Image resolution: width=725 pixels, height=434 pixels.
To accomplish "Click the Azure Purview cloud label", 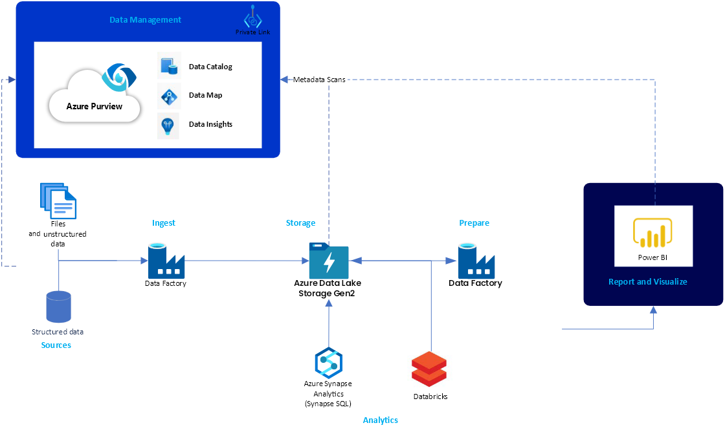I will point(95,106).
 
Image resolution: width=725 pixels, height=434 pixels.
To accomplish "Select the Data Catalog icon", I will point(169,66).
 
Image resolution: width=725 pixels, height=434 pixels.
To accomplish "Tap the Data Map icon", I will point(169,95).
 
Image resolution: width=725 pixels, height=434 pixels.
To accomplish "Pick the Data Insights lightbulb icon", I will point(168,124).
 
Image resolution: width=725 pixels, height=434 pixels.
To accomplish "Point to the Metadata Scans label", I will point(319,80).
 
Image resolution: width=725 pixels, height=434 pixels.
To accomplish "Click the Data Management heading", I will point(145,20).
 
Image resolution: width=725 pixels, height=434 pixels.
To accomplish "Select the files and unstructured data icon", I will point(59,200).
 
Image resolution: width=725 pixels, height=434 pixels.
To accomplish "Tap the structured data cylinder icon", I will point(58,307).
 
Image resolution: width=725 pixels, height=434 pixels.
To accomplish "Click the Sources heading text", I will point(56,345).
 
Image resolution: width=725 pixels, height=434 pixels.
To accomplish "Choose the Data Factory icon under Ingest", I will point(166,261).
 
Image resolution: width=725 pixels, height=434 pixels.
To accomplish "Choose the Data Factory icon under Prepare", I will point(476,261).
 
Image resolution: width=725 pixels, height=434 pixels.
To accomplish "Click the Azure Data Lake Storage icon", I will point(329,261).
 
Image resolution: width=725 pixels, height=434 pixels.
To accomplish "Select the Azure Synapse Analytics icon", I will point(328,363).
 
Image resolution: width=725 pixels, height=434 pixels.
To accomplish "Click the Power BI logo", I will point(653,233).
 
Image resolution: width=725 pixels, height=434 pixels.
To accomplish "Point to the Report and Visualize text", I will point(647,282).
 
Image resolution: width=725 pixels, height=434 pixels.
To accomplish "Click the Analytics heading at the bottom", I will point(380,420).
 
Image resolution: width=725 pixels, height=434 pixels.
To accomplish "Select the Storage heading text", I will point(300,223).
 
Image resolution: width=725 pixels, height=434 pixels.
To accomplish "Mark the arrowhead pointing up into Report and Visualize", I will point(653,310).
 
